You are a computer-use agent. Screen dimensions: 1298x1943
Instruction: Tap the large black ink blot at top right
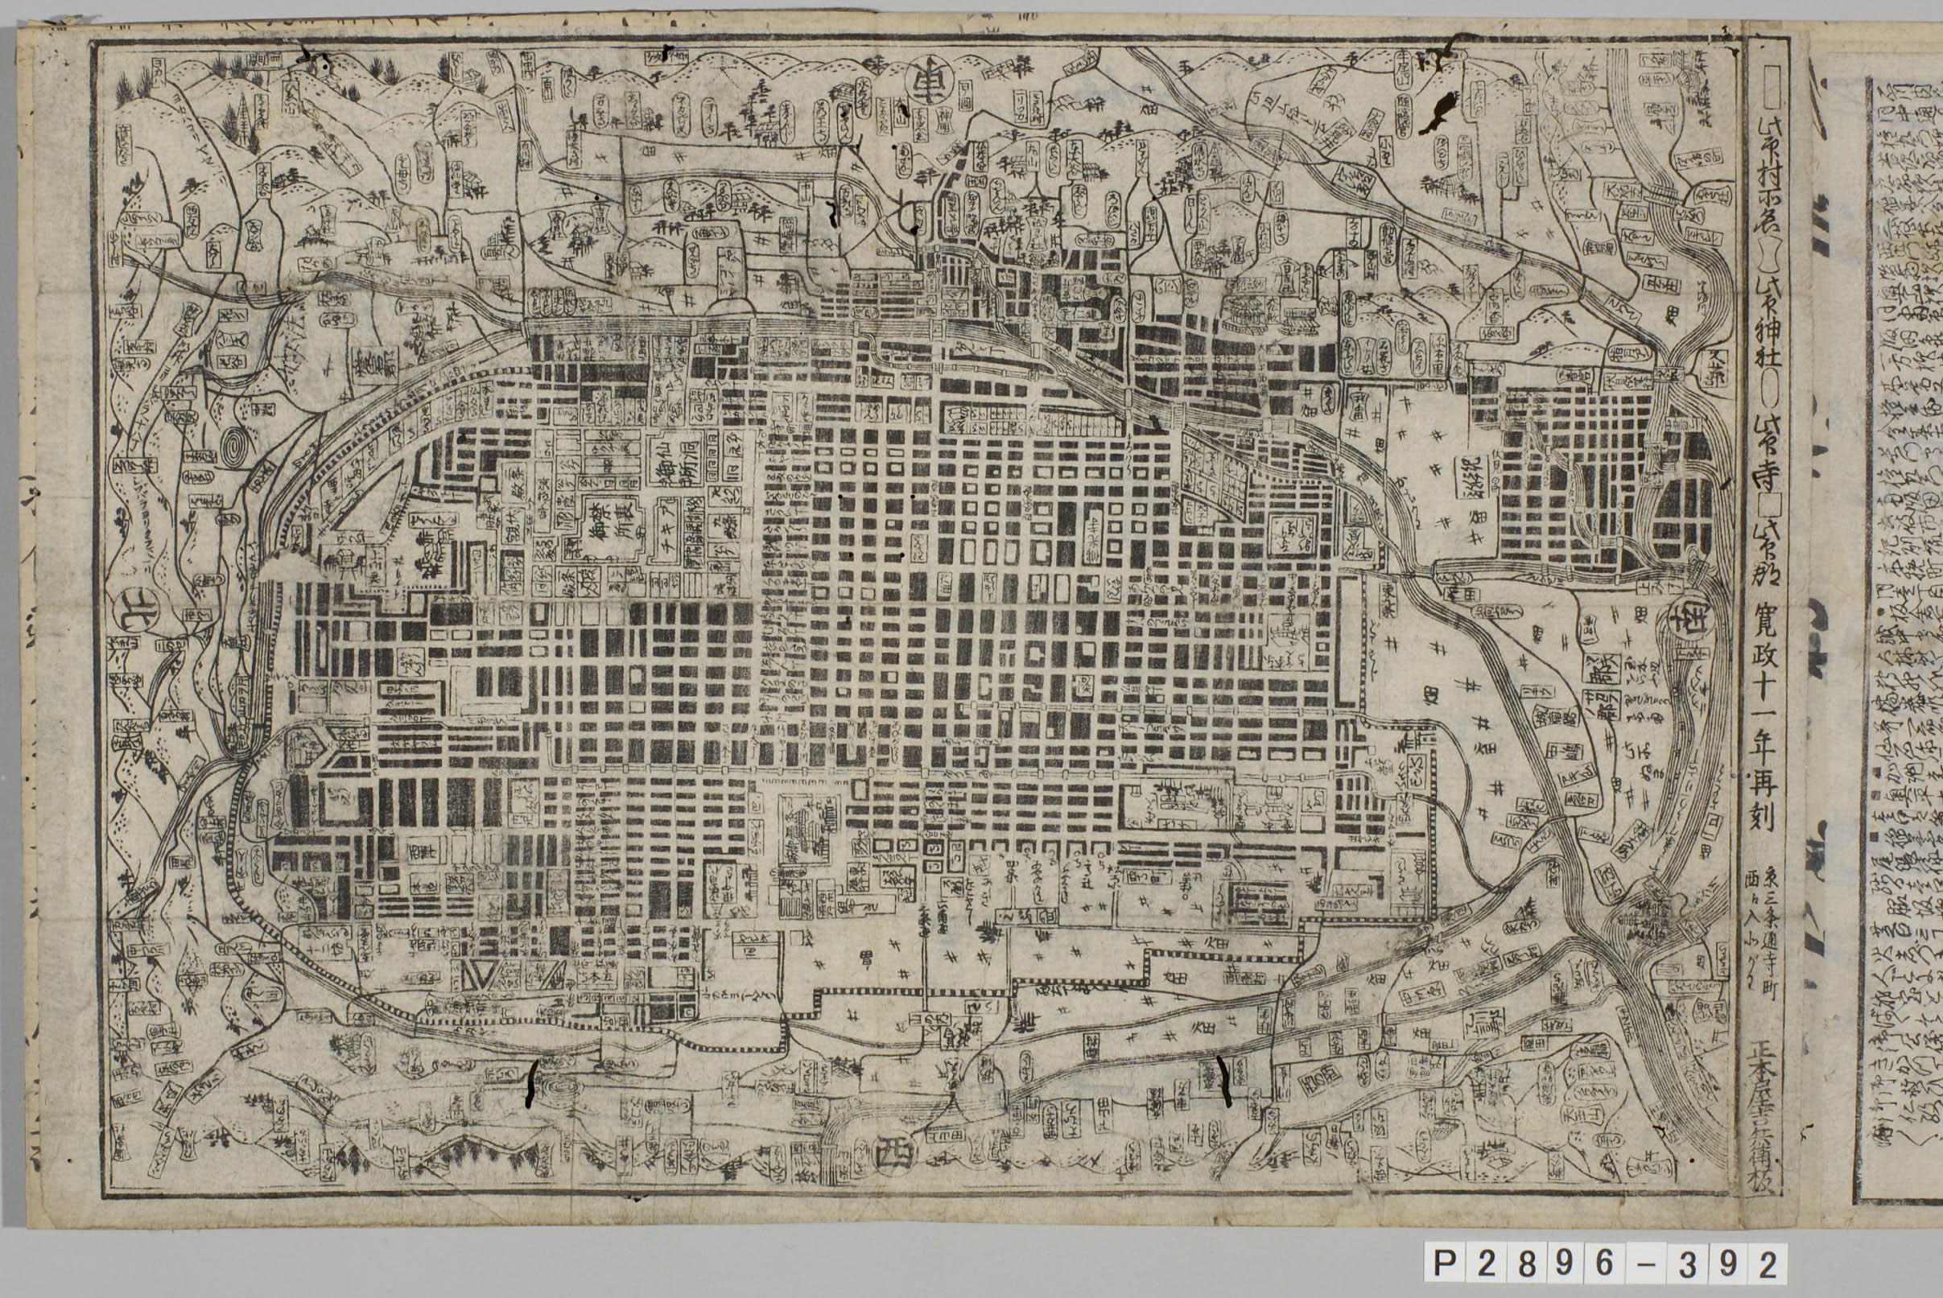click(1438, 113)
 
